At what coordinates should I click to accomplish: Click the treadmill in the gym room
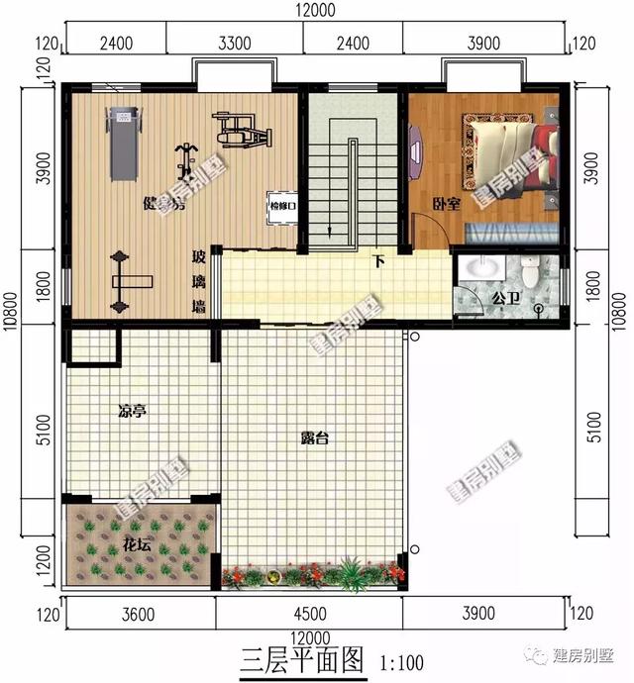point(122,144)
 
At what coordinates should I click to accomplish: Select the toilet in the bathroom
point(533,272)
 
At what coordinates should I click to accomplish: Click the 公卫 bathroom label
point(505,296)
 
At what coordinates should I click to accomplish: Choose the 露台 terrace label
point(314,438)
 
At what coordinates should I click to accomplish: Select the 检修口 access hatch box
point(282,206)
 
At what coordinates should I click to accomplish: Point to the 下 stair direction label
point(378,262)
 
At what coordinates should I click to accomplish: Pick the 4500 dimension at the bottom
point(311,615)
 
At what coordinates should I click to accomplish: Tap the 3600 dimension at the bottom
point(139,615)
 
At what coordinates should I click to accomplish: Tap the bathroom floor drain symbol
point(539,309)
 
